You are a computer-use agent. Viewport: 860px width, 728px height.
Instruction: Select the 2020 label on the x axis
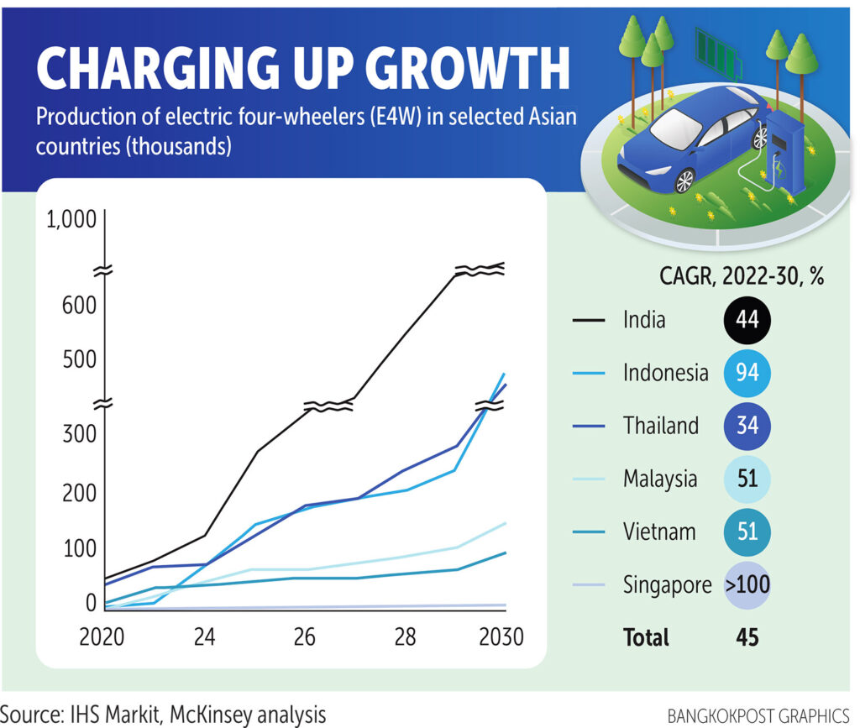(x=102, y=636)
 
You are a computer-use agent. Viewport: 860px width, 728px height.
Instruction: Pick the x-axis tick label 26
(x=305, y=636)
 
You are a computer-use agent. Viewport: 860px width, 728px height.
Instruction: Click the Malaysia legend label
(x=659, y=479)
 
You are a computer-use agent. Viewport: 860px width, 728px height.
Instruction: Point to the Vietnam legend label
(x=659, y=532)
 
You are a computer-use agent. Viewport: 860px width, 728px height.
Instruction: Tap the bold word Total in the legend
(x=646, y=637)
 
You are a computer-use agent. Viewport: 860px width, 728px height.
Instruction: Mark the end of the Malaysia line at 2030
(x=505, y=523)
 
